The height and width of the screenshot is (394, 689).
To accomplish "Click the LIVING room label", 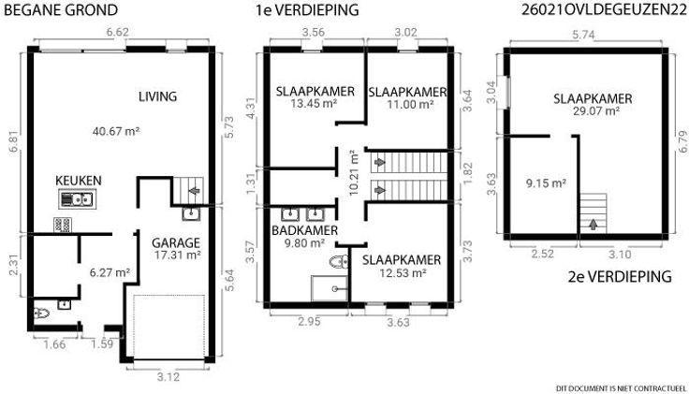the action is (x=158, y=96).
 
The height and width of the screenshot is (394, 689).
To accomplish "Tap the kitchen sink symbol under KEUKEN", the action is (x=78, y=199).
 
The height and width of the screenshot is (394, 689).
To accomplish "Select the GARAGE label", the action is (x=176, y=242).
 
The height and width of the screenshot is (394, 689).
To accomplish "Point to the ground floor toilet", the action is (x=41, y=314).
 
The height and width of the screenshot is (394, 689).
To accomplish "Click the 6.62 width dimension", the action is (x=118, y=32).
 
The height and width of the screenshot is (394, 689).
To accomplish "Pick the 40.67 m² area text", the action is (x=116, y=131).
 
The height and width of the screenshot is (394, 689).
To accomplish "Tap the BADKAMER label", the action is (x=304, y=230).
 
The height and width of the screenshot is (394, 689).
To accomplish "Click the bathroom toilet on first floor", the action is (x=339, y=262).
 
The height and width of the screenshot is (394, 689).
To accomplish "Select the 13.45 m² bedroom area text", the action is (x=314, y=104).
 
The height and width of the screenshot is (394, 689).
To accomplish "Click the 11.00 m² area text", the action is (x=410, y=105).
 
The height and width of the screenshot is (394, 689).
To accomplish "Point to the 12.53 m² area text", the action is (x=403, y=273).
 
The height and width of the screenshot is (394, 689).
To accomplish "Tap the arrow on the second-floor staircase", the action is (x=594, y=225).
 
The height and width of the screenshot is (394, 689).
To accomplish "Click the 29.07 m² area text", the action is (x=596, y=110).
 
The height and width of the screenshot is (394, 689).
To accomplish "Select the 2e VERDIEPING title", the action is (x=620, y=277).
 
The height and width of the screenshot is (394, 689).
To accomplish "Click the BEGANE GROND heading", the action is (x=61, y=9).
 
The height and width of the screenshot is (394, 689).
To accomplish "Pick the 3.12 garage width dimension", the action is (x=169, y=377).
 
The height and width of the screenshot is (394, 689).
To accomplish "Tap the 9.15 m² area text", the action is (x=546, y=183).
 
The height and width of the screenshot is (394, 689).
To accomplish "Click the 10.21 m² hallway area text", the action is (x=354, y=172).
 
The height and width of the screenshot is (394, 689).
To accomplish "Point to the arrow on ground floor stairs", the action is (x=194, y=191).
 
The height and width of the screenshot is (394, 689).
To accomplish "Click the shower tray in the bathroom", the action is (x=330, y=288).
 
